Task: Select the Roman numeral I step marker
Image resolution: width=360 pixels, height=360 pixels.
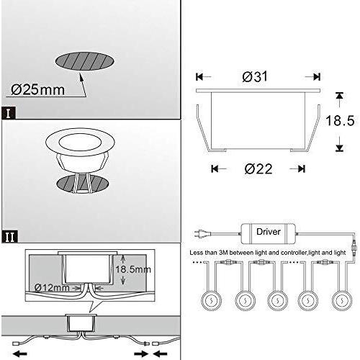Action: (8, 113)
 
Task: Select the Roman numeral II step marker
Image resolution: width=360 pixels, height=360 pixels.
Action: (8, 235)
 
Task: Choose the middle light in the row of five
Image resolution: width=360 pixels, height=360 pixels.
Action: (276, 300)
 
